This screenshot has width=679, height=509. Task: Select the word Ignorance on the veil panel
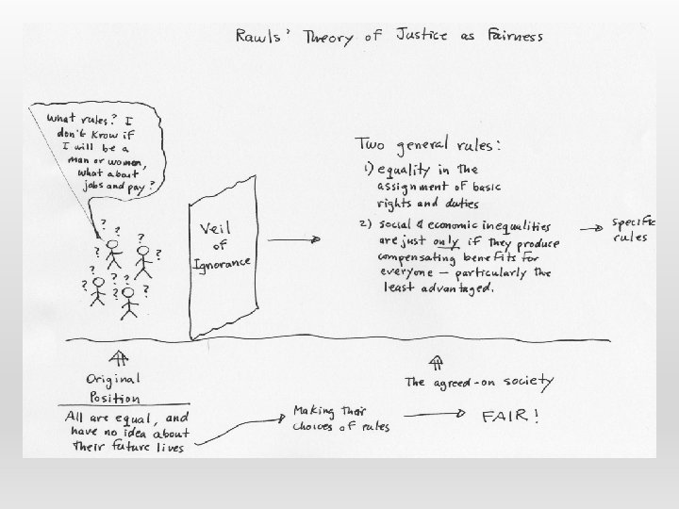224,263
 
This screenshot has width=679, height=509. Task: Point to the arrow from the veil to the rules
294,241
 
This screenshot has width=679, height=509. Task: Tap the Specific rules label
634,230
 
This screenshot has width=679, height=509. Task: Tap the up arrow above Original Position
119,357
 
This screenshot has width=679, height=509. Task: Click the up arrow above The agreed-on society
436,361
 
